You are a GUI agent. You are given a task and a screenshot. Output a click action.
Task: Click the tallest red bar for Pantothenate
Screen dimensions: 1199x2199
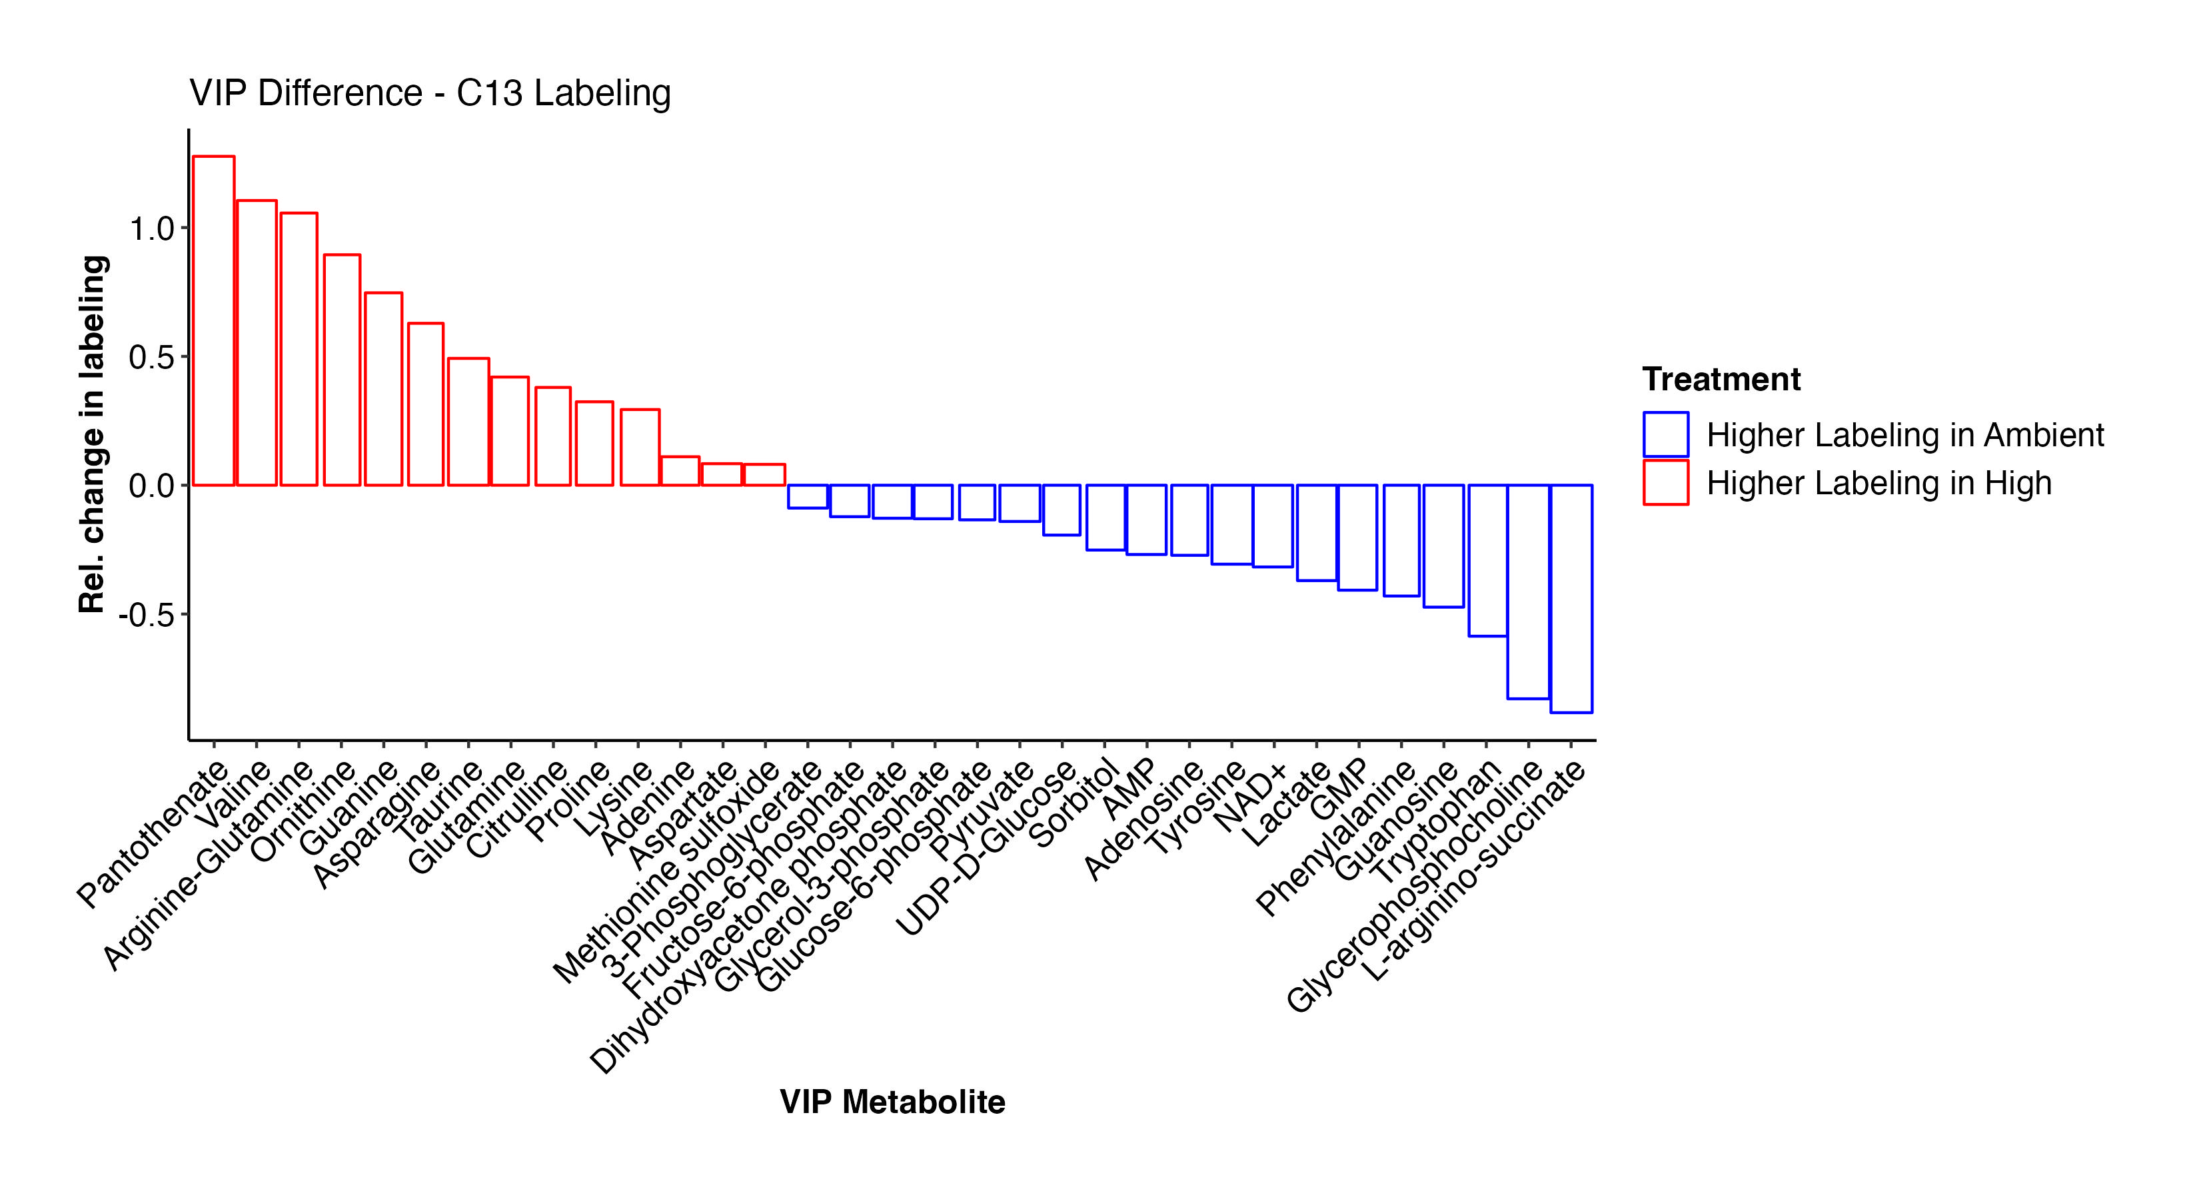tap(213, 320)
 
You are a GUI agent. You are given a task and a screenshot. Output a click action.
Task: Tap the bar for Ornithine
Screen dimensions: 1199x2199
tap(341, 370)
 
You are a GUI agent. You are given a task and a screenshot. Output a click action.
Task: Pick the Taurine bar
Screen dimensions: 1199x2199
tap(468, 422)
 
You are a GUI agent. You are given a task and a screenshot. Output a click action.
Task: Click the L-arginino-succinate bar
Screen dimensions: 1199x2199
tap(1571, 598)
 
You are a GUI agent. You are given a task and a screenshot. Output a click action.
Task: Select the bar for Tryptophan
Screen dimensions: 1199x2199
tap(1487, 560)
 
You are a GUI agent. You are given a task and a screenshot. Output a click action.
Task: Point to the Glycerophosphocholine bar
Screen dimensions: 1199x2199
tap(1528, 592)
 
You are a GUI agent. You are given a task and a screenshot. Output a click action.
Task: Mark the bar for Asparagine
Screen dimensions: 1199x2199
tap(426, 404)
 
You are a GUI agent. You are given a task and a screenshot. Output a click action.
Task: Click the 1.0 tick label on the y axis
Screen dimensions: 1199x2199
tap(151, 228)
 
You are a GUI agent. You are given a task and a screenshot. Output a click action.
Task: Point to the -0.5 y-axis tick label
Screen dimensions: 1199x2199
tap(146, 614)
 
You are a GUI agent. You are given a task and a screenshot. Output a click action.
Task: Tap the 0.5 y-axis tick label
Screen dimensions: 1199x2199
tap(151, 357)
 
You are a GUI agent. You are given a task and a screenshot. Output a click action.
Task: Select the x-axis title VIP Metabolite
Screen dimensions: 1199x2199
tap(892, 1102)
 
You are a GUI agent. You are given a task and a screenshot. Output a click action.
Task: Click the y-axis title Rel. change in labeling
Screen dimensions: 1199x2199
tap(91, 434)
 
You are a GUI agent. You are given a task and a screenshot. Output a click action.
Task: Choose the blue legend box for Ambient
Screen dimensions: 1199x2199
tap(1665, 434)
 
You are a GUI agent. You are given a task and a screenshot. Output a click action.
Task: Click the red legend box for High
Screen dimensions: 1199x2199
tap(1665, 483)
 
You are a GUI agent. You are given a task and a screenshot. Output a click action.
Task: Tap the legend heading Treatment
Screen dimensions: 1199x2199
tap(1721, 379)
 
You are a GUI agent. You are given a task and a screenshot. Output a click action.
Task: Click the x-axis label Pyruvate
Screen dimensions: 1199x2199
tap(982, 811)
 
